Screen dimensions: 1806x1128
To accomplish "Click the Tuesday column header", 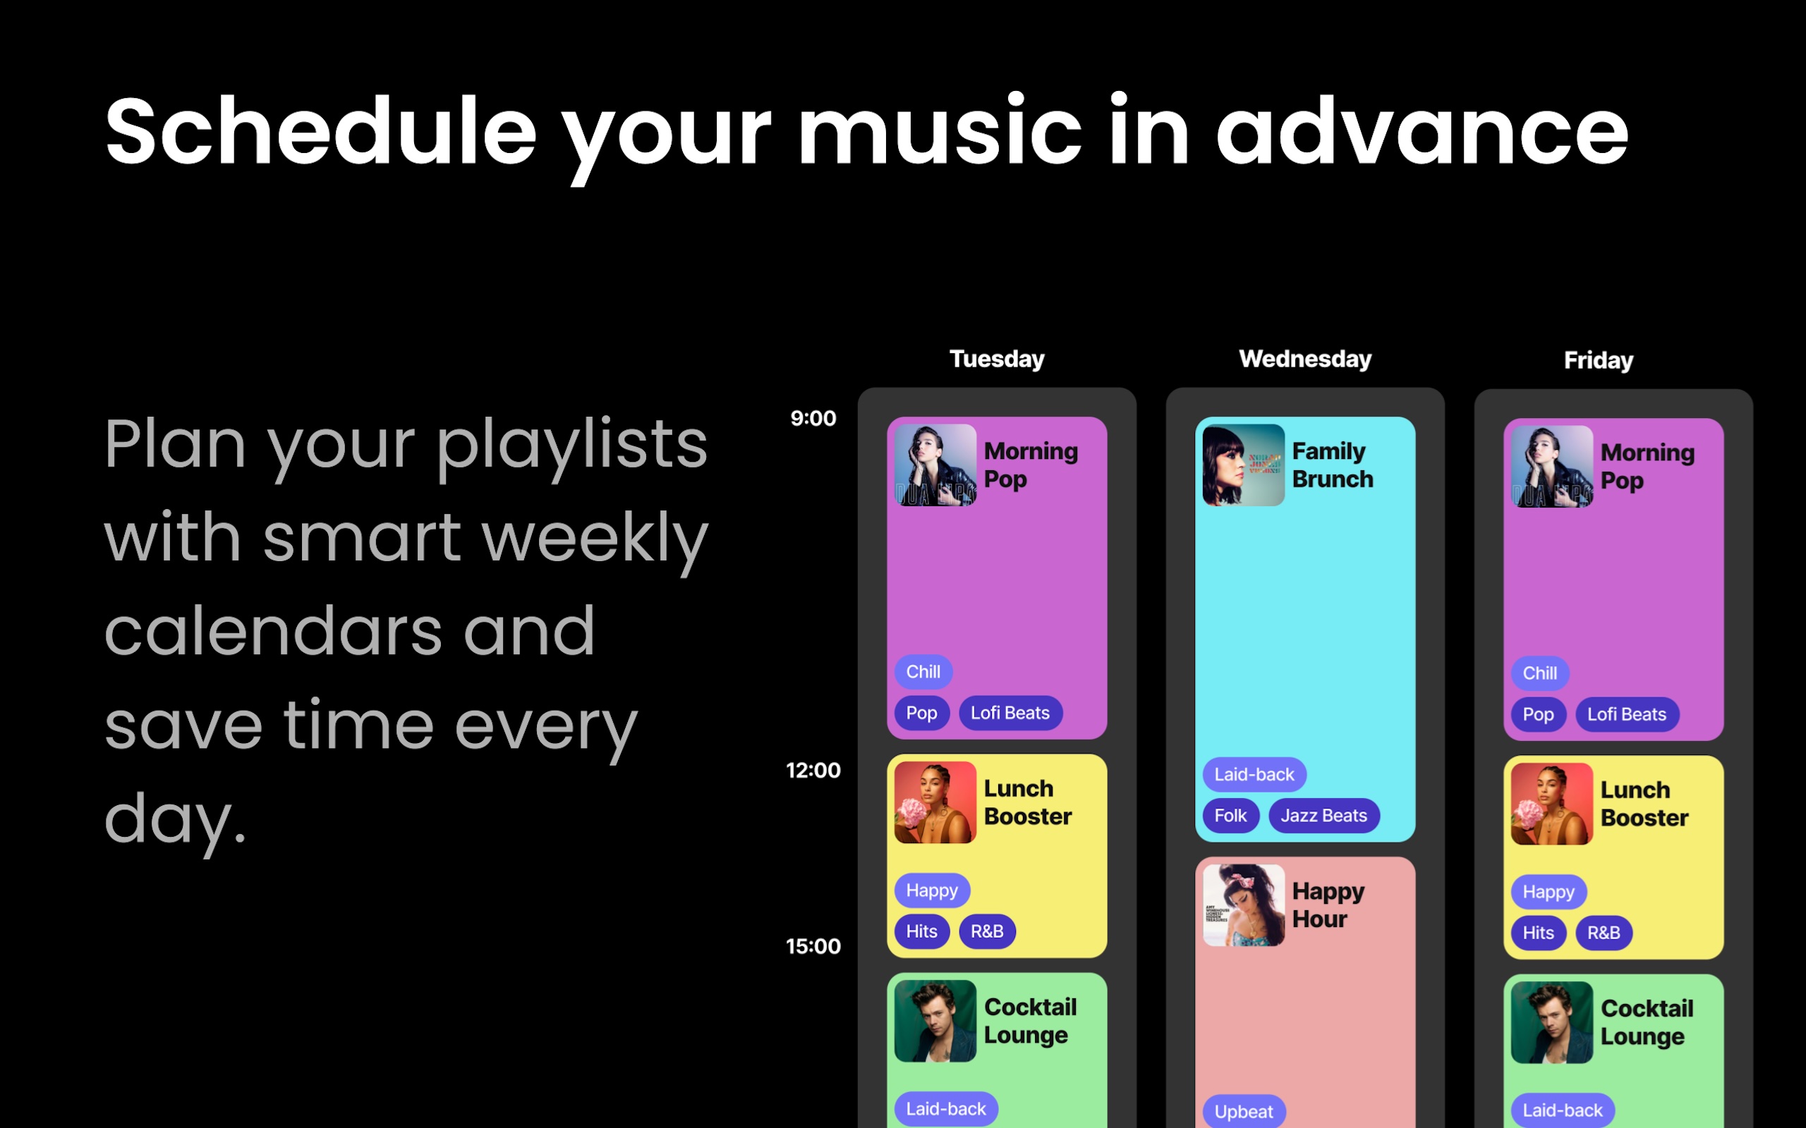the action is click(x=996, y=359).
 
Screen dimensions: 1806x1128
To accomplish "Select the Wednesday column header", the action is click(x=1305, y=359).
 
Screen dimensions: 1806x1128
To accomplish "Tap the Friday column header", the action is click(x=1599, y=360).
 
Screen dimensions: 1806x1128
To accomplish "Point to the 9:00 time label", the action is click(x=813, y=419).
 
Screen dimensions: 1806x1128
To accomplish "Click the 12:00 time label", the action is click(x=813, y=771).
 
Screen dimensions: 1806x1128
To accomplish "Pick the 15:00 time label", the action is click(x=813, y=947).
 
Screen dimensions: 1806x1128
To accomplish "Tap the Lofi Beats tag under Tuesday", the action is click(x=1010, y=713).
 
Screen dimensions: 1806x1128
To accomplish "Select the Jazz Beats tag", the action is click(x=1324, y=816).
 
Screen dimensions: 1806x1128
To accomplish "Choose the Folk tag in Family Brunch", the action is click(x=1230, y=816).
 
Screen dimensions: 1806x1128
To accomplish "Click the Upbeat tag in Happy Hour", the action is click(x=1243, y=1112).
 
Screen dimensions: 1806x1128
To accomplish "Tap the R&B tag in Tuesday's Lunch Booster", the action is click(x=986, y=931).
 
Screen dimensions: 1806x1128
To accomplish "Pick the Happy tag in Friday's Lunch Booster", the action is click(x=1549, y=893).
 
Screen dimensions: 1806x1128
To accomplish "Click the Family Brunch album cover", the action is click(x=1243, y=465).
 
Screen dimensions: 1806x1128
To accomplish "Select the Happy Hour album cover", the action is click(x=1243, y=905).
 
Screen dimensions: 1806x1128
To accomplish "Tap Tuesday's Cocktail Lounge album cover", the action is click(x=935, y=1022).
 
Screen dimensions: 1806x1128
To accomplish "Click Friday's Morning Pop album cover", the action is click(x=1551, y=467).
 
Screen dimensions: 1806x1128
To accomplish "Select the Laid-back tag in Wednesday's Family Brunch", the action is click(x=1254, y=774).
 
